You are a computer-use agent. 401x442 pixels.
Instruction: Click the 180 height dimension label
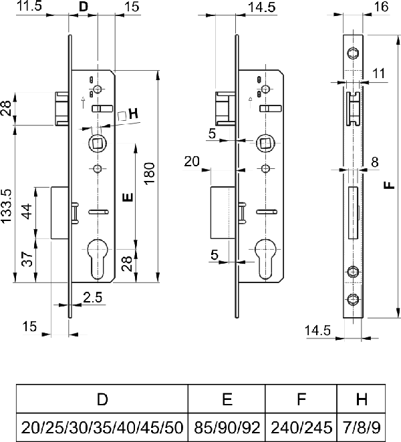[150, 174]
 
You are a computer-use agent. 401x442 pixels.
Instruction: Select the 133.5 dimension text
[6, 206]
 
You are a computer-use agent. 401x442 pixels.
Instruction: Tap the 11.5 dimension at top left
[29, 6]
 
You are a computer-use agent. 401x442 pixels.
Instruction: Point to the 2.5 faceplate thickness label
[93, 297]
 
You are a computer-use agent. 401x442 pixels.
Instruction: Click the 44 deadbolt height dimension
[27, 212]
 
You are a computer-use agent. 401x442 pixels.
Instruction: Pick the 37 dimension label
[27, 259]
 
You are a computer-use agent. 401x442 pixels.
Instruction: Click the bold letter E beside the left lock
[128, 198]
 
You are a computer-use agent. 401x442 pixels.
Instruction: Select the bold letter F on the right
[390, 185]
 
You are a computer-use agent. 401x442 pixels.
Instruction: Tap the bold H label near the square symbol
[134, 114]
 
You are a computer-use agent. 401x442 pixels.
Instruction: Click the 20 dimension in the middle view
[192, 162]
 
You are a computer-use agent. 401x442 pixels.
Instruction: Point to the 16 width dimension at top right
[381, 7]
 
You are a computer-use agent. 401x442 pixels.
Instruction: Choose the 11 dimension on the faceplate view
[379, 73]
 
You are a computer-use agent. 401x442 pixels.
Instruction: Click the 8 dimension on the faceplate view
[374, 162]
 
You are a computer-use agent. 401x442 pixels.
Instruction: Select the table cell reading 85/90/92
[227, 427]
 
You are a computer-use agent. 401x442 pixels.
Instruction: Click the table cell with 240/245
[301, 427]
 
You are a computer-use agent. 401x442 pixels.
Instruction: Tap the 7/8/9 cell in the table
[361, 427]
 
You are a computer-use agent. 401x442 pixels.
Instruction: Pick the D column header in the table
[102, 399]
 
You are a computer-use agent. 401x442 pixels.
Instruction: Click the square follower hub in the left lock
[98, 143]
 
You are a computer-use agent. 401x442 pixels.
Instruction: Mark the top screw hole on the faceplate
[353, 53]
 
